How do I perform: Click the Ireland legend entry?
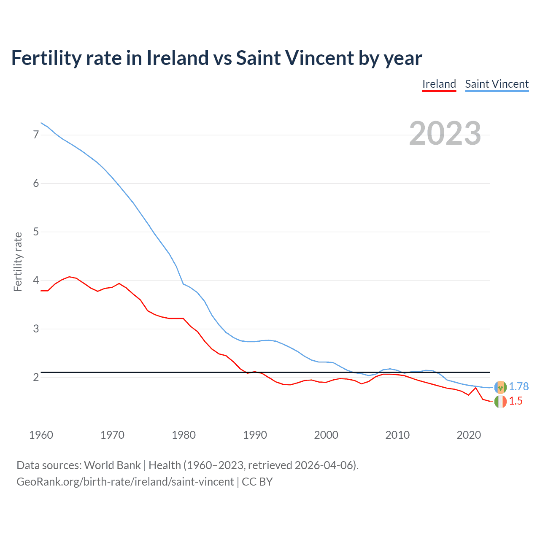pyautogui.click(x=439, y=84)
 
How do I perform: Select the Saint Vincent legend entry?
pyautogui.click(x=497, y=84)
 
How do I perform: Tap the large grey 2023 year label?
pyautogui.click(x=445, y=133)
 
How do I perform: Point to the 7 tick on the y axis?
pyautogui.click(x=36, y=135)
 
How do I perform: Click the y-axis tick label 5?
pyautogui.click(x=36, y=232)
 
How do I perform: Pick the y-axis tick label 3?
pyautogui.click(x=36, y=329)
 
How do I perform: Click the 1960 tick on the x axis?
pyautogui.click(x=41, y=435)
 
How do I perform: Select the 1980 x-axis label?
pyautogui.click(x=184, y=435)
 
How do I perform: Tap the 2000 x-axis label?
pyautogui.click(x=326, y=435)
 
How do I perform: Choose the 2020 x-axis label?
pyautogui.click(x=469, y=435)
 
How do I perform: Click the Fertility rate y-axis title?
pyautogui.click(x=18, y=262)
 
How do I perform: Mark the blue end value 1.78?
pyautogui.click(x=518, y=386)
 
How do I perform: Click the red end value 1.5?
pyautogui.click(x=516, y=401)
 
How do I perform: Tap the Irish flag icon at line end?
pyautogui.click(x=500, y=402)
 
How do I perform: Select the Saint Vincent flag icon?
pyautogui.click(x=500, y=387)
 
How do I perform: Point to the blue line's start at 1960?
pyautogui.click(x=41, y=123)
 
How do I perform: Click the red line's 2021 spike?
pyautogui.click(x=475, y=388)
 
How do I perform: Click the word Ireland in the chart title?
pyautogui.click(x=177, y=58)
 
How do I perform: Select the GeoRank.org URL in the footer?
pyautogui.click(x=125, y=481)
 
